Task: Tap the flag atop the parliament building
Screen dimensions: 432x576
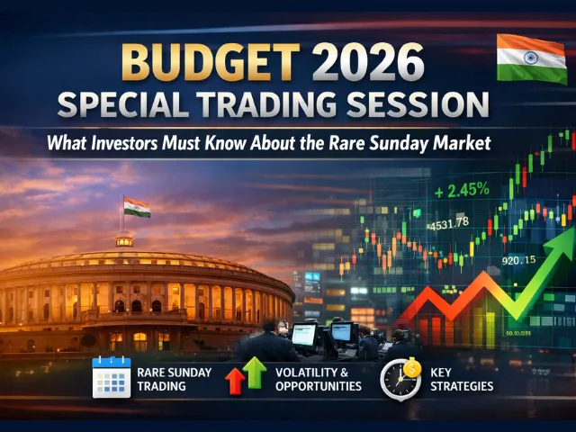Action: pyautogui.click(x=137, y=207)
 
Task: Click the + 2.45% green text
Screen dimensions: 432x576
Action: pyautogui.click(x=461, y=190)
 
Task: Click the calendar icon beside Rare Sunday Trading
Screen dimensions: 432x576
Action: pyautogui.click(x=111, y=377)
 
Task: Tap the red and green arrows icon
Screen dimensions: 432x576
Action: pyautogui.click(x=243, y=376)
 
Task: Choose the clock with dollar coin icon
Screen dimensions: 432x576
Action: pyautogui.click(x=400, y=378)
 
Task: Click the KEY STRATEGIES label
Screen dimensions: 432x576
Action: pyautogui.click(x=473, y=378)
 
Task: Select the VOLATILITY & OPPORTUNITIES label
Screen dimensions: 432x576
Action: pyautogui.click(x=319, y=378)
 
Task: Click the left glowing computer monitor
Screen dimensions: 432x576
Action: pyautogui.click(x=304, y=334)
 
